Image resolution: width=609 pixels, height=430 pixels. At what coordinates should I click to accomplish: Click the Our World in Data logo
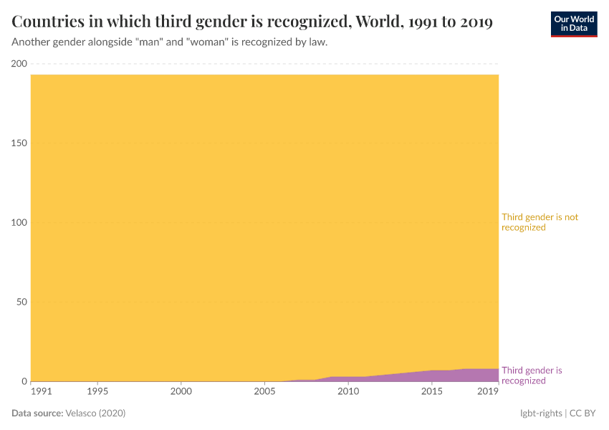573,24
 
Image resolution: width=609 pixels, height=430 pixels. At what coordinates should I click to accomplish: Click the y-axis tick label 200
19,64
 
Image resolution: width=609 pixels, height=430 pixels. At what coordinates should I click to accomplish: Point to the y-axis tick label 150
19,143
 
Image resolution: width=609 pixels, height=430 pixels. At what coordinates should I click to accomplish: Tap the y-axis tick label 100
19,223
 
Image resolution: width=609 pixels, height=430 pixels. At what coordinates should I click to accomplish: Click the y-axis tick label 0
24,381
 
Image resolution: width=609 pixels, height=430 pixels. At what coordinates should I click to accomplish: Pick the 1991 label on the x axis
42,391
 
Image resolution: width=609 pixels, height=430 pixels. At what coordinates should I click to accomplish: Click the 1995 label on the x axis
97,391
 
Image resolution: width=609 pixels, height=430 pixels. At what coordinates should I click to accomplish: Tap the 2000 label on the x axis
181,391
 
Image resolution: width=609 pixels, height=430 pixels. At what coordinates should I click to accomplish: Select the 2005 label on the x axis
264,391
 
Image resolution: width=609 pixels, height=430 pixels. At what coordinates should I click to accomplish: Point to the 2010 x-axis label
348,391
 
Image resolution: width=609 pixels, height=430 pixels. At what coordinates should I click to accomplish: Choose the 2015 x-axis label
431,391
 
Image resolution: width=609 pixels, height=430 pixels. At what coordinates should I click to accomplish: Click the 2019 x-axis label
488,391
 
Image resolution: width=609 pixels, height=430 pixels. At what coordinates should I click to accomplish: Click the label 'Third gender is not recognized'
540,222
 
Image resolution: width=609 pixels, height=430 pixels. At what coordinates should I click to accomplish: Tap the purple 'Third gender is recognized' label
532,376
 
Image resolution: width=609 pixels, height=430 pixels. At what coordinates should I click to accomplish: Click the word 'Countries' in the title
52,22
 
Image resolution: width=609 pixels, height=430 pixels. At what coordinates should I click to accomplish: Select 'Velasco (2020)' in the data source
95,414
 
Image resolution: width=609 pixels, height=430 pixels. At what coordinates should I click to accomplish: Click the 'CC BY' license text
582,414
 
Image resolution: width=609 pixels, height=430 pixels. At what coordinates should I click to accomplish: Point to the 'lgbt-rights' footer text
541,414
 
